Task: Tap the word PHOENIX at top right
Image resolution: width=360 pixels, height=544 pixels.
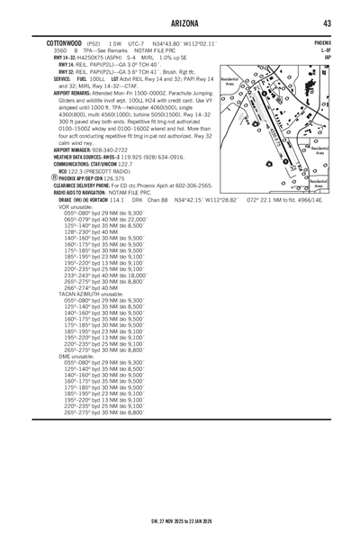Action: [321, 42]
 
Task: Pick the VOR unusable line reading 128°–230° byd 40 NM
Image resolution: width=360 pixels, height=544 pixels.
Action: [94, 257]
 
